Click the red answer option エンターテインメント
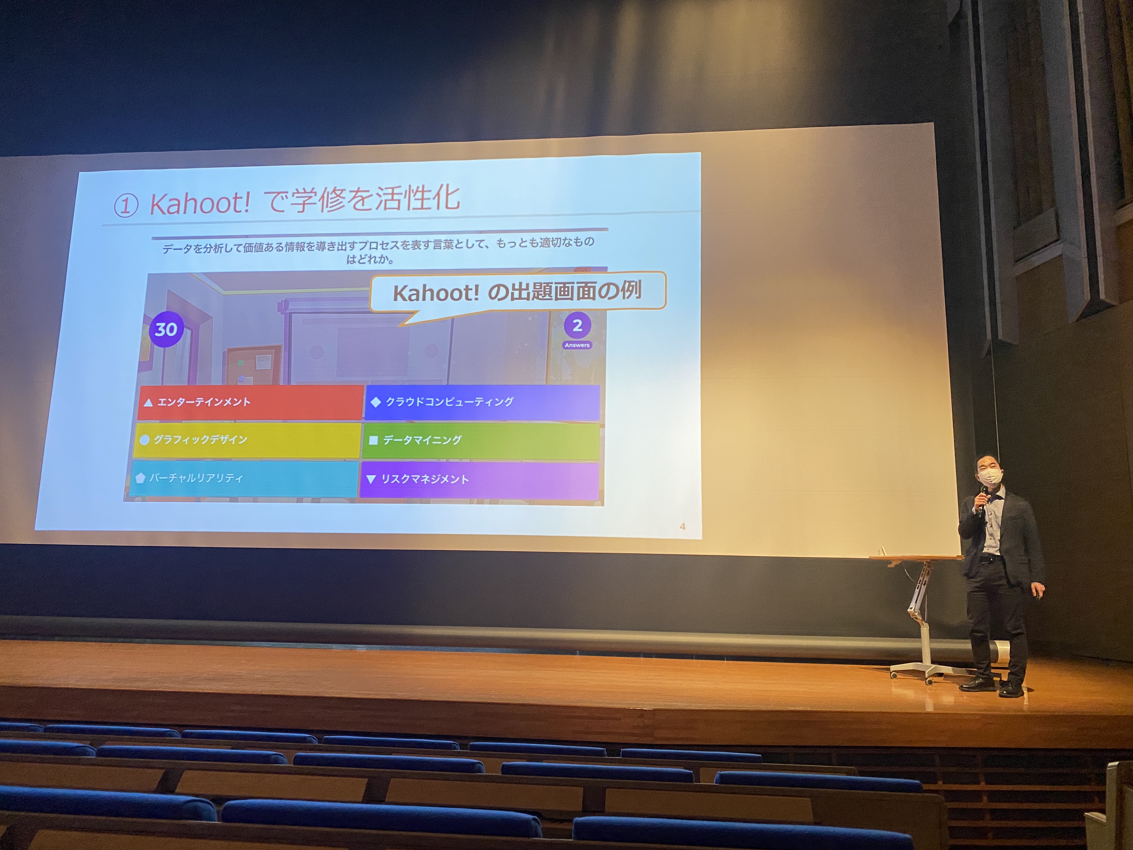pos(250,402)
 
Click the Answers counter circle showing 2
pos(577,326)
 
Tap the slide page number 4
pos(682,526)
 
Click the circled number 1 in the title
pos(126,206)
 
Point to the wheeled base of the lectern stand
pos(922,670)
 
